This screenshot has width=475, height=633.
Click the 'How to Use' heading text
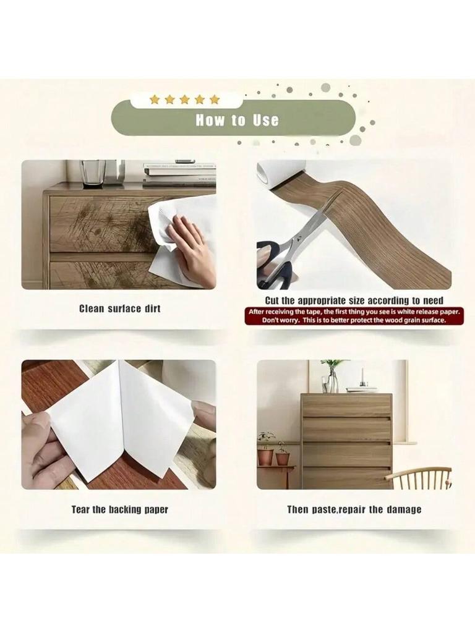point(237,120)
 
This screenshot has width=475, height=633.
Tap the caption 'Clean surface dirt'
point(119,308)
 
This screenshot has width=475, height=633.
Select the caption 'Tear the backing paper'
point(119,509)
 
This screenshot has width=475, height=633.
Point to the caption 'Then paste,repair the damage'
point(354,509)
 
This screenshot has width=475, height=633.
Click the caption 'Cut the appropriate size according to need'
point(354,301)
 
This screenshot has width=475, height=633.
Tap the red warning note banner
point(354,316)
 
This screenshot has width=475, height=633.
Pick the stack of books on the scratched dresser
point(179,174)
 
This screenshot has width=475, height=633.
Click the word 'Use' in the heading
point(265,120)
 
